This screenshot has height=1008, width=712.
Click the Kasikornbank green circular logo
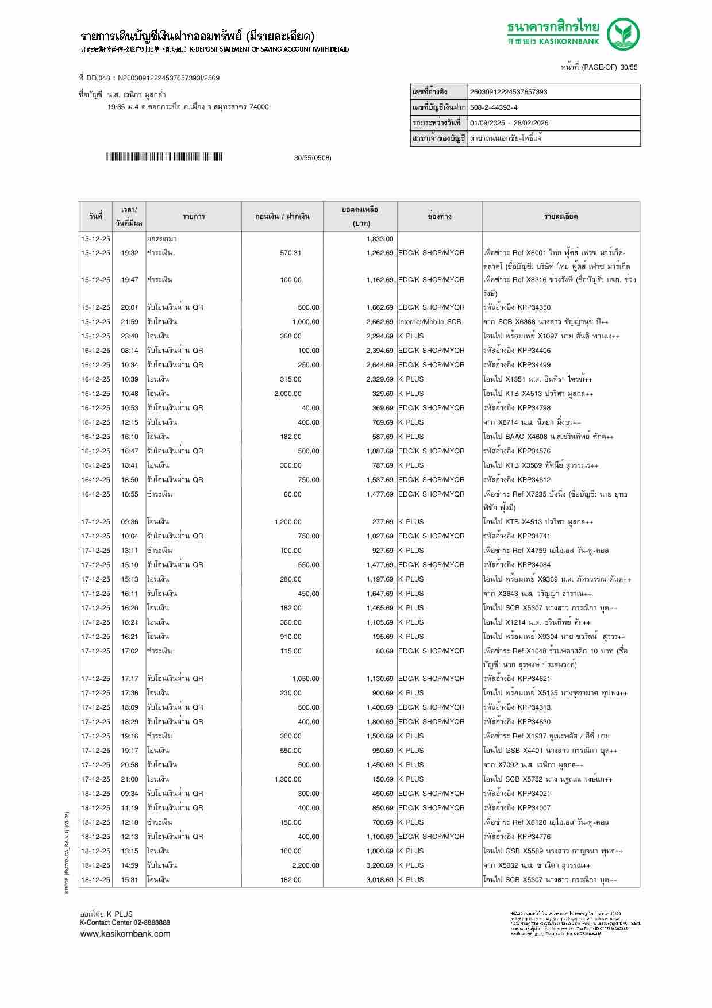(624, 34)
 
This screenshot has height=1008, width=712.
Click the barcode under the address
(164, 157)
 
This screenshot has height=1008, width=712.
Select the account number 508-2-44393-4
(494, 107)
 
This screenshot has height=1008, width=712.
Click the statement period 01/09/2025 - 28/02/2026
(509, 123)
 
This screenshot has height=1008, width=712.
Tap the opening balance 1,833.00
(379, 239)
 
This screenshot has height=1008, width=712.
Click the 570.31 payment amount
(290, 253)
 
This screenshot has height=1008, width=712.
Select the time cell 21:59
(129, 322)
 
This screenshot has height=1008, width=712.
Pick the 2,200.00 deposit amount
(305, 865)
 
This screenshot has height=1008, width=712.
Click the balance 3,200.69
(379, 865)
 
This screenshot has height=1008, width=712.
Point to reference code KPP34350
(533, 307)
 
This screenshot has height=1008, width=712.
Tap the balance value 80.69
(384, 651)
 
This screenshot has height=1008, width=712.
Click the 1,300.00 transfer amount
(287, 779)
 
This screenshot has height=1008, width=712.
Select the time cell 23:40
(129, 336)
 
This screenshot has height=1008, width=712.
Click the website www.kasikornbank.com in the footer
(125, 934)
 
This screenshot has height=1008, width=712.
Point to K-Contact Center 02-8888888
(125, 922)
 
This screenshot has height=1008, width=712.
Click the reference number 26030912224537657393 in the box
(509, 92)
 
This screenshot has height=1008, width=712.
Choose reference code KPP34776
(533, 837)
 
